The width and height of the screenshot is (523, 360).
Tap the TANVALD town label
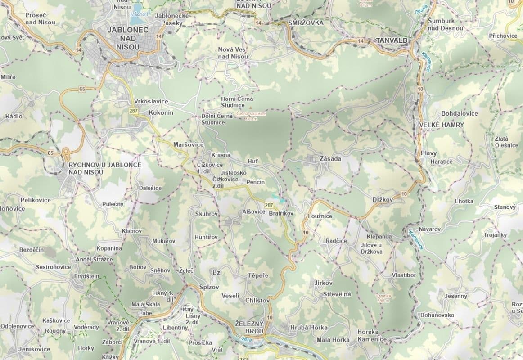point(392,40)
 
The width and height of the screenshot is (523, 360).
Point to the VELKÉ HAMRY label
point(441,125)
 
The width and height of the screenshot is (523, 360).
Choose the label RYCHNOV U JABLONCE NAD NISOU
point(105,168)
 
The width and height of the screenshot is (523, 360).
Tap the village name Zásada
point(330,159)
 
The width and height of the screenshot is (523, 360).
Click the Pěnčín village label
point(255,182)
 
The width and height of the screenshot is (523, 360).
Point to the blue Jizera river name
point(242,337)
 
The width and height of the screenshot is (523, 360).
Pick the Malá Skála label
point(145,305)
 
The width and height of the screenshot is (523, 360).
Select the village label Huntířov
point(206,237)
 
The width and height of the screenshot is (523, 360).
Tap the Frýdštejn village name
point(86,276)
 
